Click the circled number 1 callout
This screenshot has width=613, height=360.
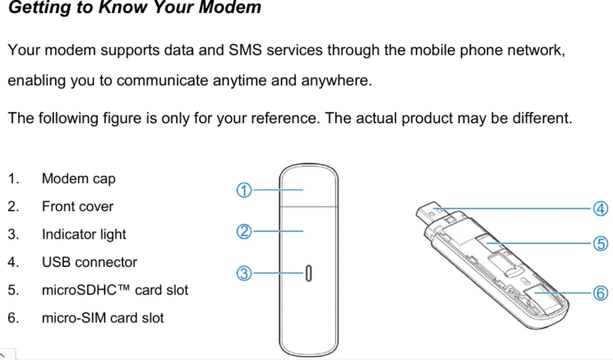pos(243,190)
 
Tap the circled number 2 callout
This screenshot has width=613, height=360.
pos(243,231)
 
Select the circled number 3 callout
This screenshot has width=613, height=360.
pos(243,273)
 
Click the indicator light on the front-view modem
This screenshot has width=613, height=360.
pos(309,273)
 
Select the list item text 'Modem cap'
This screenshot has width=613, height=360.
pos(78,179)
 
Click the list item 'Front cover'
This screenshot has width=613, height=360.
pos(77,206)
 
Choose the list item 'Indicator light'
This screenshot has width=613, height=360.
pos(84,234)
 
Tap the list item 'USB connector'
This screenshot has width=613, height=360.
pos(89,262)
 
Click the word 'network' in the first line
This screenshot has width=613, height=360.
pos(535,50)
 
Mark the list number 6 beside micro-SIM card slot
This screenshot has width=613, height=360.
pos(12,318)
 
